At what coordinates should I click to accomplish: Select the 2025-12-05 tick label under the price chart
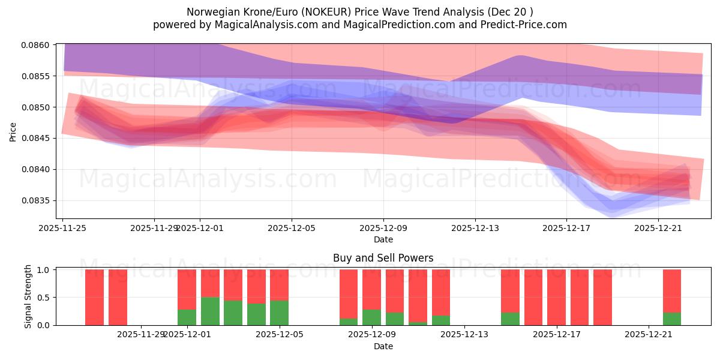pos(292,228)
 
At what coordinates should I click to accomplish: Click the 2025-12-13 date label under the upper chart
pos(475,228)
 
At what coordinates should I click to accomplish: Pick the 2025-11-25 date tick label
pos(63,228)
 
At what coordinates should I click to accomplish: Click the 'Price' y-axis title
pos(13,131)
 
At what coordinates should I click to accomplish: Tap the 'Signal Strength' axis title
pos(28,297)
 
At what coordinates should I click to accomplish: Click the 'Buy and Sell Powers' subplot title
pos(383,258)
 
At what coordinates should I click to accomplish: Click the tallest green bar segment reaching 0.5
pos(210,311)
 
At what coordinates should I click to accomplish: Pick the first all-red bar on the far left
pos(94,297)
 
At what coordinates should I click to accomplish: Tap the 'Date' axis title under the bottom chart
pos(383,346)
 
